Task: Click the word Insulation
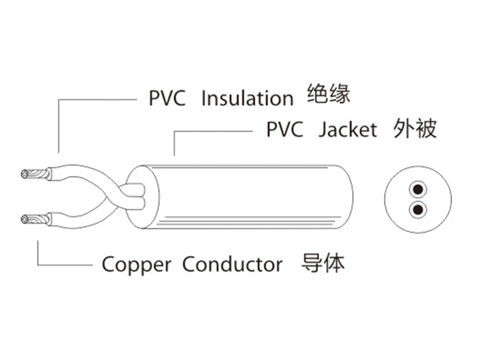(247, 98)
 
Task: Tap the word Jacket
(348, 130)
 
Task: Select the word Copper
(136, 264)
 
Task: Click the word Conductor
(232, 264)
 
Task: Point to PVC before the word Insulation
(167, 98)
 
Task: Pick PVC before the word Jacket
(285, 130)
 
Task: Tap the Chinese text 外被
(415, 128)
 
